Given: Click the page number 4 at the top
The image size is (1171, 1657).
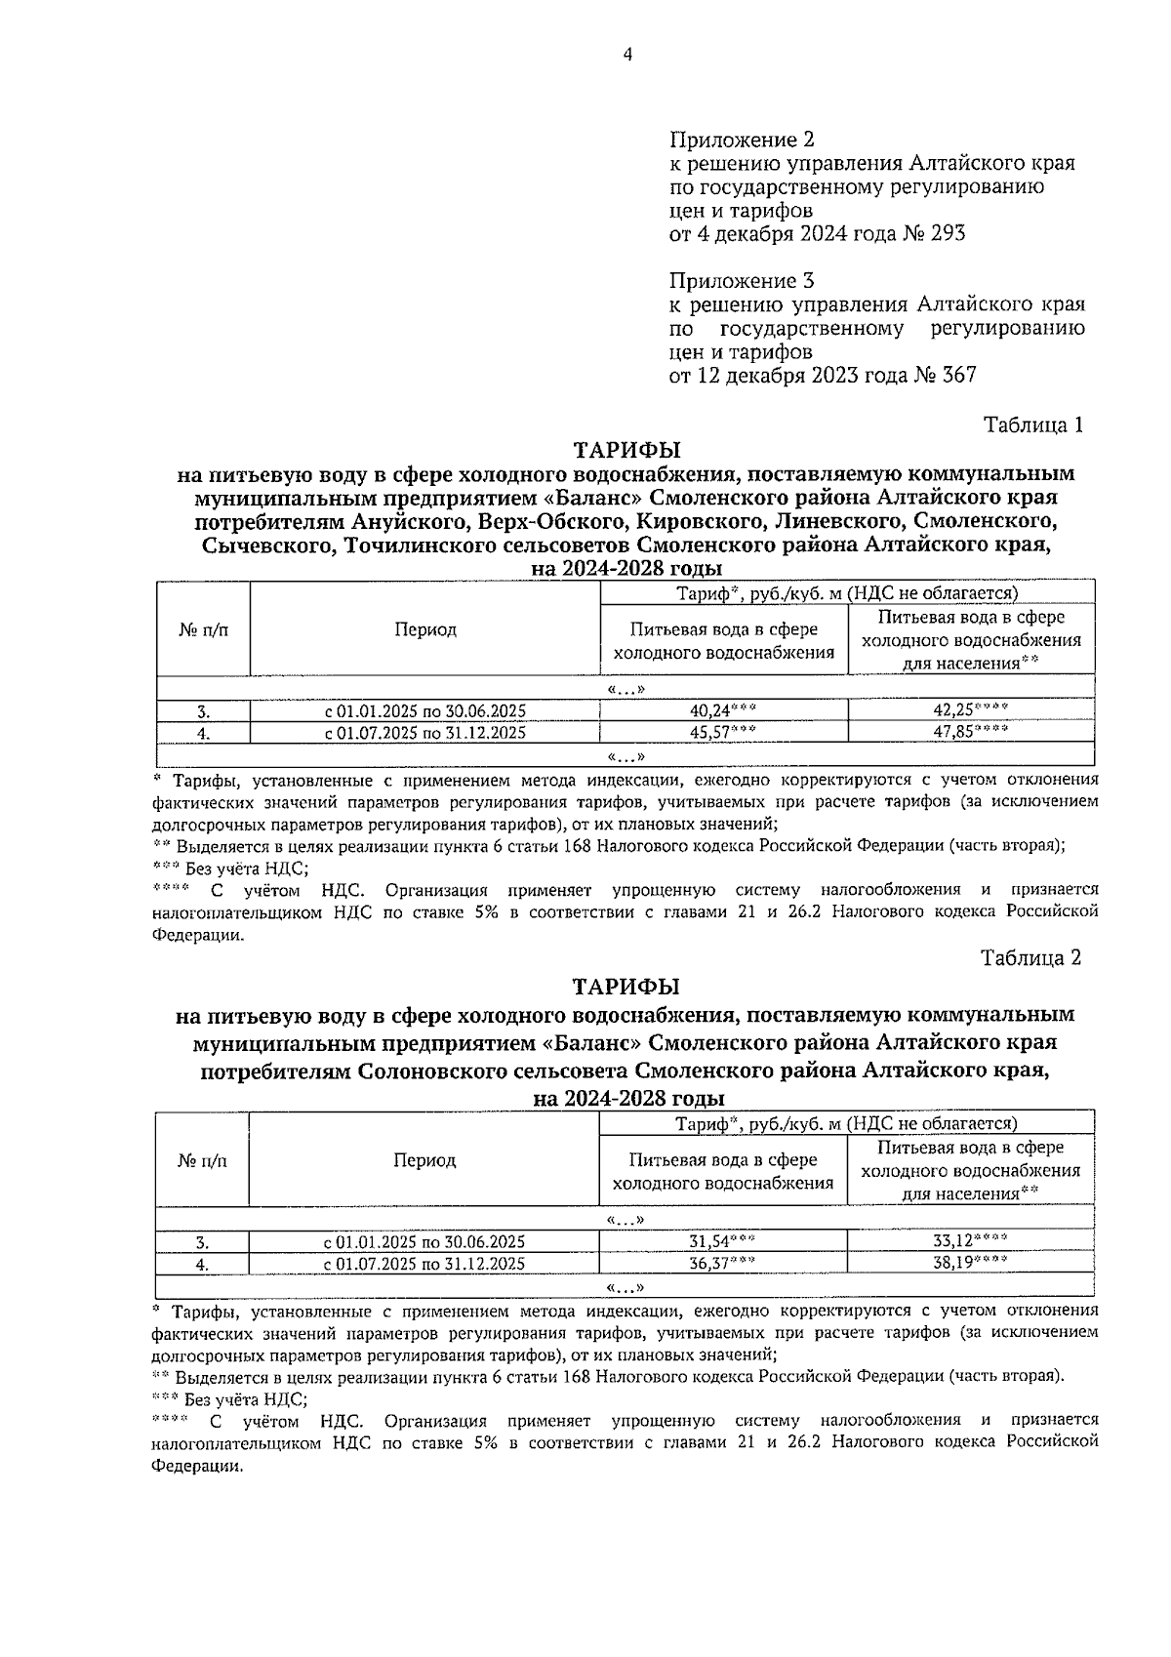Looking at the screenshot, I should pyautogui.click(x=627, y=56).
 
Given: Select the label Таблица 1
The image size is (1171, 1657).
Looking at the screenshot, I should pyautogui.click(x=1033, y=425).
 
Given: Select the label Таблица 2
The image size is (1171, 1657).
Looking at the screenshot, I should pyautogui.click(x=1031, y=958).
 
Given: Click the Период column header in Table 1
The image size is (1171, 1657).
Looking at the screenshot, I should pyautogui.click(x=425, y=630).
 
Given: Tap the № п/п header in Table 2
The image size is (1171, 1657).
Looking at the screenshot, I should pyautogui.click(x=202, y=1161).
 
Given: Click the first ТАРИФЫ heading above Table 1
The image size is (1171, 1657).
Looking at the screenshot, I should pyautogui.click(x=627, y=451).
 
